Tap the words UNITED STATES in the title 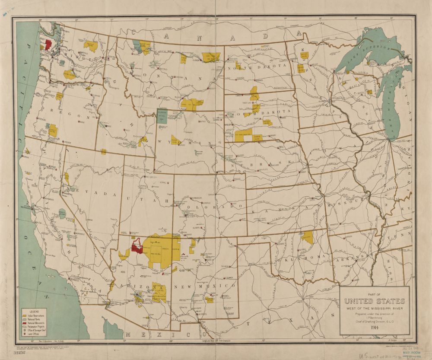coord(374,301)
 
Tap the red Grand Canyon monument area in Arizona coord(137,246)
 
